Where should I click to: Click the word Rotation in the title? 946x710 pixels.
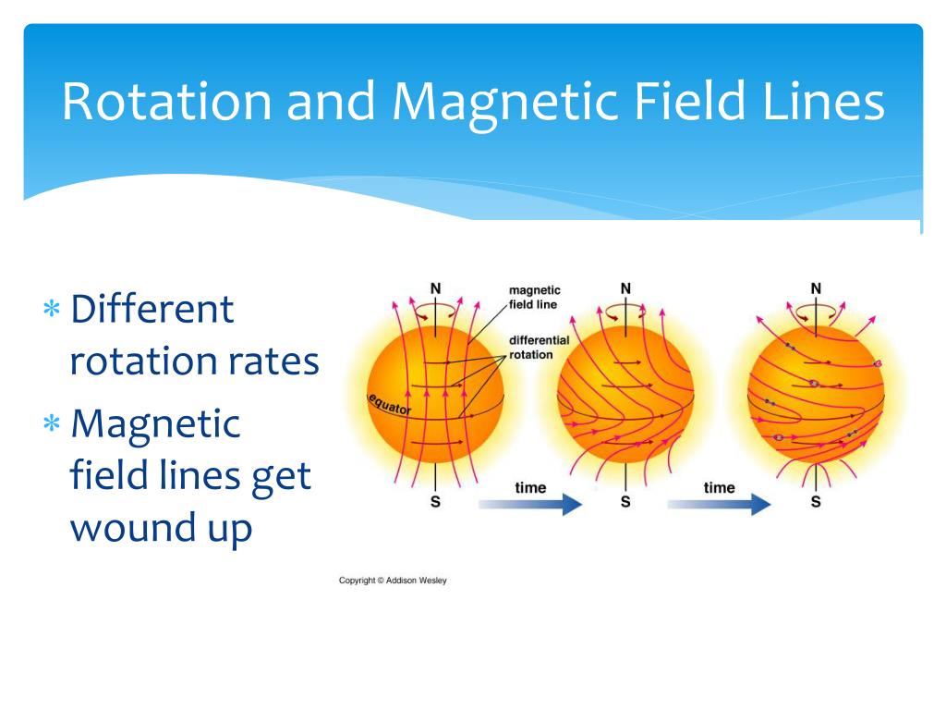[167, 102]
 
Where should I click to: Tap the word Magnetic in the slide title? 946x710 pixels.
[505, 103]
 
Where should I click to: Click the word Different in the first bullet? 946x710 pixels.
[152, 309]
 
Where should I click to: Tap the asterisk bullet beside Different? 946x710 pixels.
[52, 309]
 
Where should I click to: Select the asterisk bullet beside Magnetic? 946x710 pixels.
[52, 423]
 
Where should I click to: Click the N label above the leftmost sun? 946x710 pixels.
[436, 288]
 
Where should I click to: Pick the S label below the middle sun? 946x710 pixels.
[625, 502]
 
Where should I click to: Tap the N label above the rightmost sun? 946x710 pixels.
[816, 288]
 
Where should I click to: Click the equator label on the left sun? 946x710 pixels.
[390, 405]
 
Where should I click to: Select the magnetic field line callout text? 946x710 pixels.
[535, 297]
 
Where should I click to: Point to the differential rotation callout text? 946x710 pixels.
[539, 348]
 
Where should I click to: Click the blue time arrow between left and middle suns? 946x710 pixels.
[531, 504]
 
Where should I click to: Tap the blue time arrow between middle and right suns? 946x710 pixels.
[719, 504]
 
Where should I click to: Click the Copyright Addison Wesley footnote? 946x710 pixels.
[393, 581]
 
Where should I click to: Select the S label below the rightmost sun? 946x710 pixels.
[816, 502]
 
